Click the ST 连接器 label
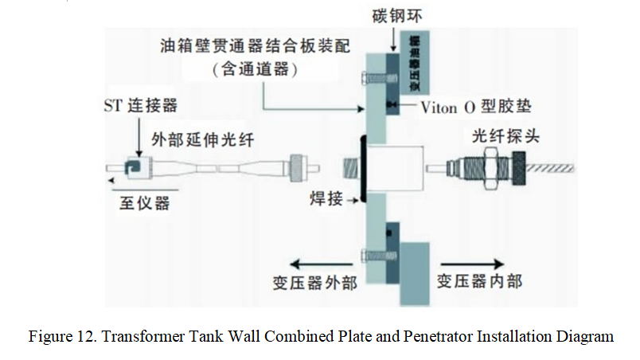coord(140,107)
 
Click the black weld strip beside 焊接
coord(362,170)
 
